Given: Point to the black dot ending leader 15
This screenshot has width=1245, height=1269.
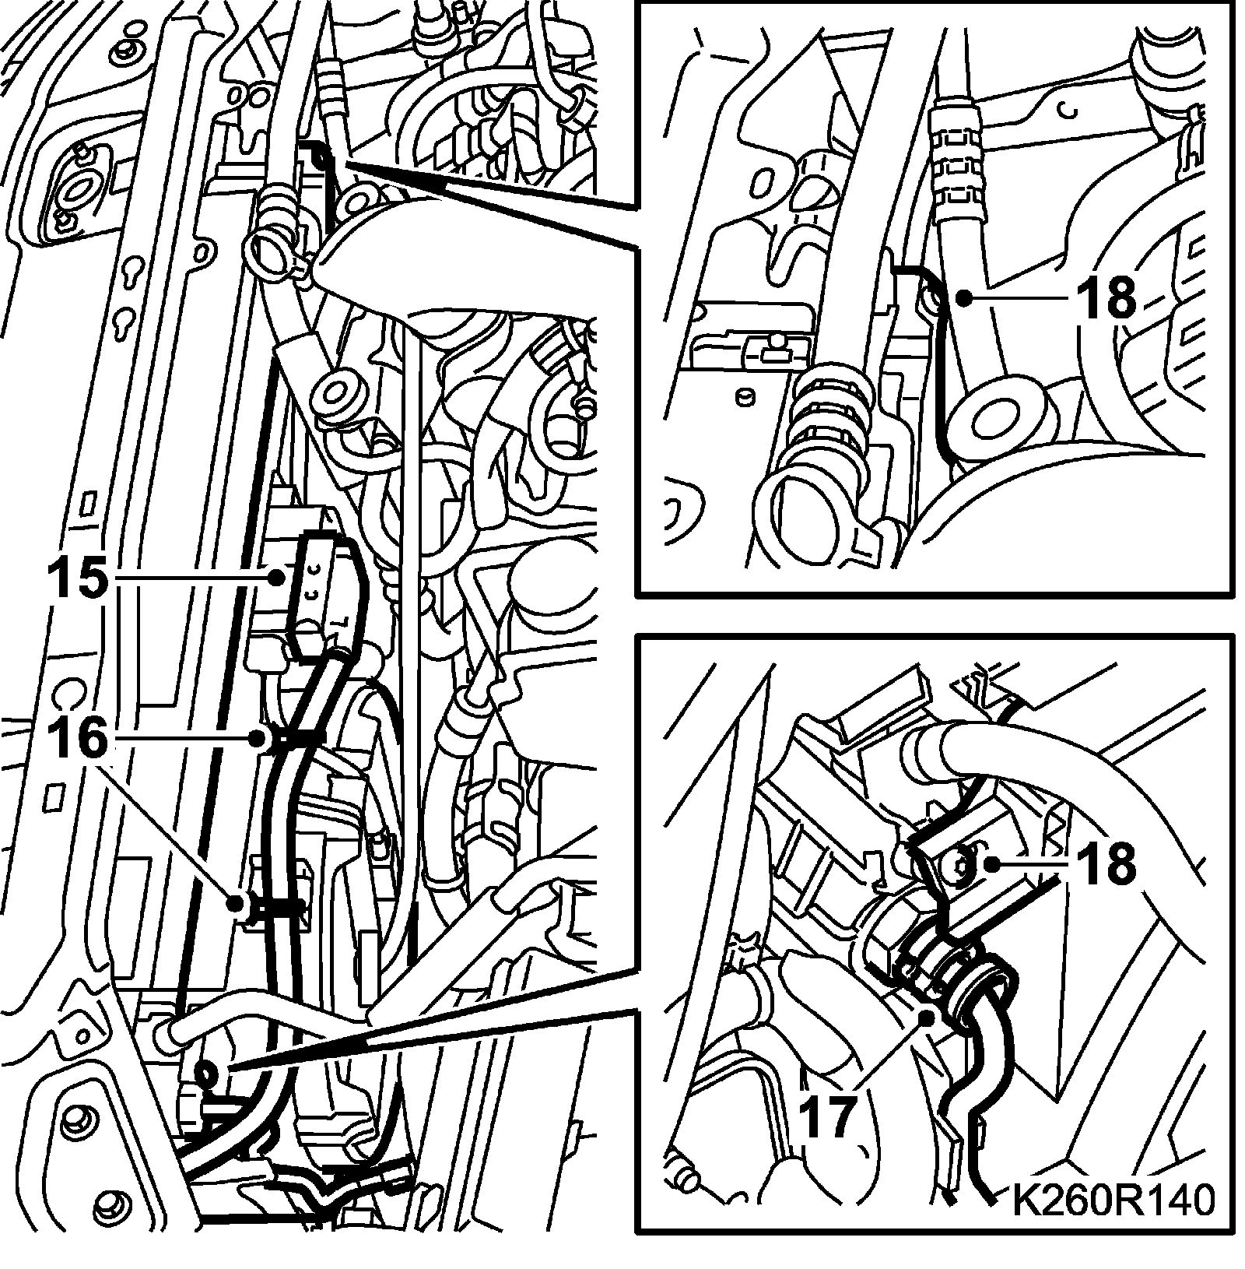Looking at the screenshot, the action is pos(275,578).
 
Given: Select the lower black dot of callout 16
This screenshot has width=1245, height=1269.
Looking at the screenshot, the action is pos(235,903).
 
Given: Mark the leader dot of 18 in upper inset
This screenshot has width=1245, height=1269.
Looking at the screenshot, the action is pos(964,297).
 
